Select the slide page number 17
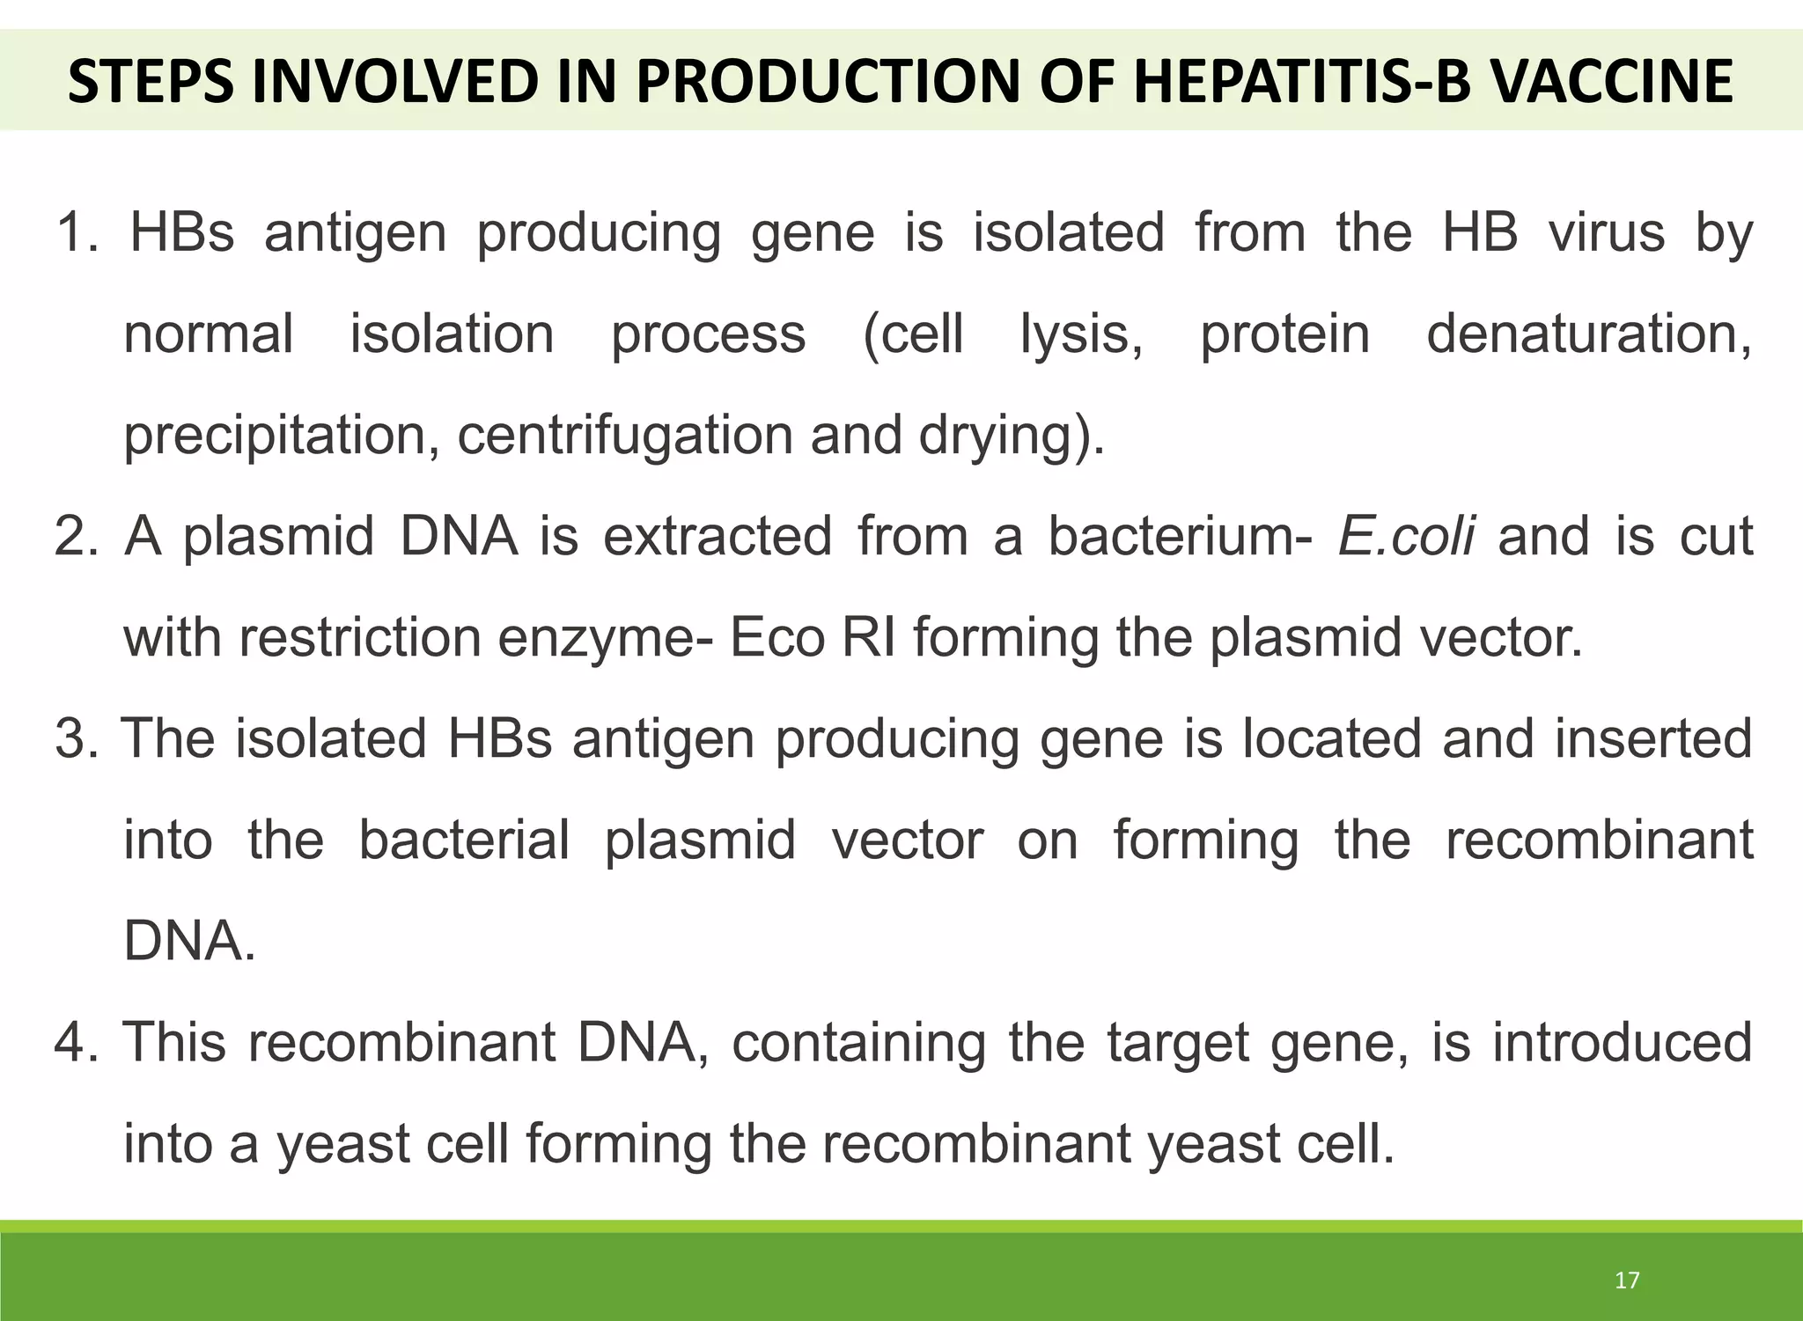1627,1280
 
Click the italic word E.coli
1405,536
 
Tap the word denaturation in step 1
1588,334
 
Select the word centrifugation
624,436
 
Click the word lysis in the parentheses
1081,334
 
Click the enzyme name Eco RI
812,637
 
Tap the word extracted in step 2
717,536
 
